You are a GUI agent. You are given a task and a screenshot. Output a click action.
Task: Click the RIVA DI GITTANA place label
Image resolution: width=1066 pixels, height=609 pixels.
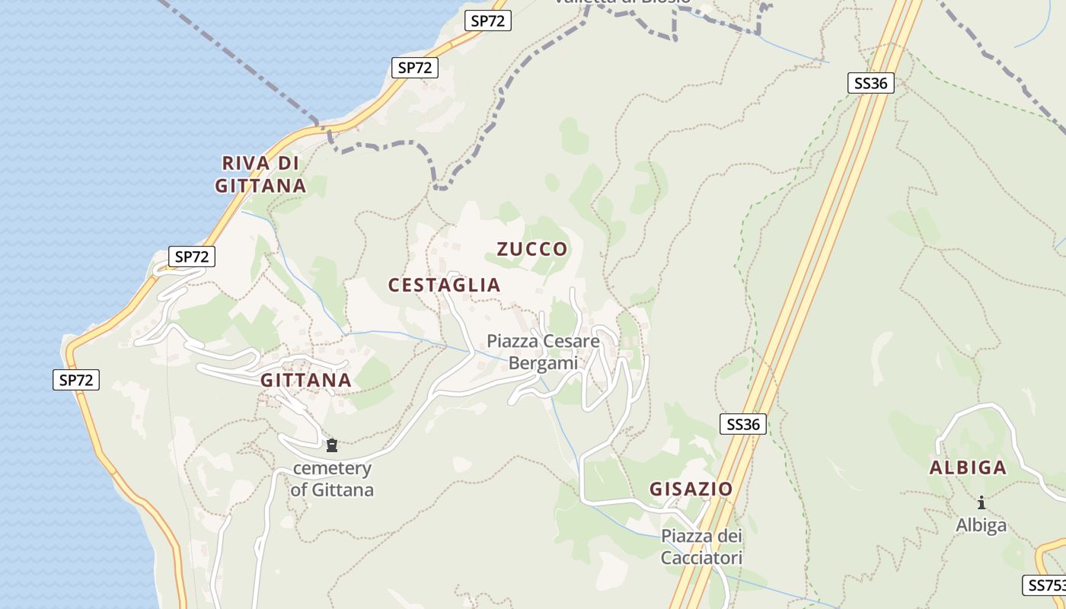tap(260, 174)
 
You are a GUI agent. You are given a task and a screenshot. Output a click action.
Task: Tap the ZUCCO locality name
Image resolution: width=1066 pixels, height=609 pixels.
tap(532, 249)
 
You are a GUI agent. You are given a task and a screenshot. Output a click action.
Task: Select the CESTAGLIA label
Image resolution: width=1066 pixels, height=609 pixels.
tap(444, 285)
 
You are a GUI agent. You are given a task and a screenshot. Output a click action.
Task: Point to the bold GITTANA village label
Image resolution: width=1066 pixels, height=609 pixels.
tap(306, 381)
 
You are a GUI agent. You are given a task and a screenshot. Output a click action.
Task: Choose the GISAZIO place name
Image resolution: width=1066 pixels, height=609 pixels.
tap(691, 489)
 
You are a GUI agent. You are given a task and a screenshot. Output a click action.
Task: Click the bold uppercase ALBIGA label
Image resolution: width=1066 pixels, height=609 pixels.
tap(968, 468)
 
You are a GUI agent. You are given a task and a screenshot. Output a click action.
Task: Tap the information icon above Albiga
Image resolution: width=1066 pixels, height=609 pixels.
tap(981, 502)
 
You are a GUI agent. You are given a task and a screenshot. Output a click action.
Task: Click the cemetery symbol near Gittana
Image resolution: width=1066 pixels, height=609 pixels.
tap(332, 445)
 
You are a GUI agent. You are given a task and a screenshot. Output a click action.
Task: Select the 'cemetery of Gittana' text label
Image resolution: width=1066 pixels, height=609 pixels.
tap(332, 479)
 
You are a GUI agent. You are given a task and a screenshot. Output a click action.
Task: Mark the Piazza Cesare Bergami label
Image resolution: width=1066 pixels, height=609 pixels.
tap(544, 352)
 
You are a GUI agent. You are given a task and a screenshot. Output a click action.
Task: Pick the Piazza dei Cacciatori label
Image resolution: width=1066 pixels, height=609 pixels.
tap(701, 547)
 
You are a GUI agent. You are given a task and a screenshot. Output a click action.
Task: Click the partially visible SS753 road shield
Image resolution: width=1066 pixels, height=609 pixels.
tap(1045, 585)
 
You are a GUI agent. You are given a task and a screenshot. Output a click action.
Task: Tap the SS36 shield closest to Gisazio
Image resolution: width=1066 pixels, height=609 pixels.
tap(743, 425)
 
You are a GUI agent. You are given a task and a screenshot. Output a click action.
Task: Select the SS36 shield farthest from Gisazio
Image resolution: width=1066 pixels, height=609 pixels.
tap(870, 83)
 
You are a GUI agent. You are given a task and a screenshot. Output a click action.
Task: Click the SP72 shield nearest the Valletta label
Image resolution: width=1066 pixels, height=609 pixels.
tap(487, 21)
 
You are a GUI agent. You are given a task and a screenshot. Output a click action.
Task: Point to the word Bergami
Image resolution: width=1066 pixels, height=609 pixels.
tap(544, 363)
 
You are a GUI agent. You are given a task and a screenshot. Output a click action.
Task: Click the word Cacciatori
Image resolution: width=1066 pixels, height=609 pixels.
tap(701, 558)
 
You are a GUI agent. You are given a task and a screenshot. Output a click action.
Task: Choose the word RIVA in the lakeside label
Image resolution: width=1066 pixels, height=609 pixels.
tap(246, 163)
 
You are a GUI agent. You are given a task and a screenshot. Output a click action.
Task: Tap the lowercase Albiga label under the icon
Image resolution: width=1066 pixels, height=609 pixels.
tap(981, 525)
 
